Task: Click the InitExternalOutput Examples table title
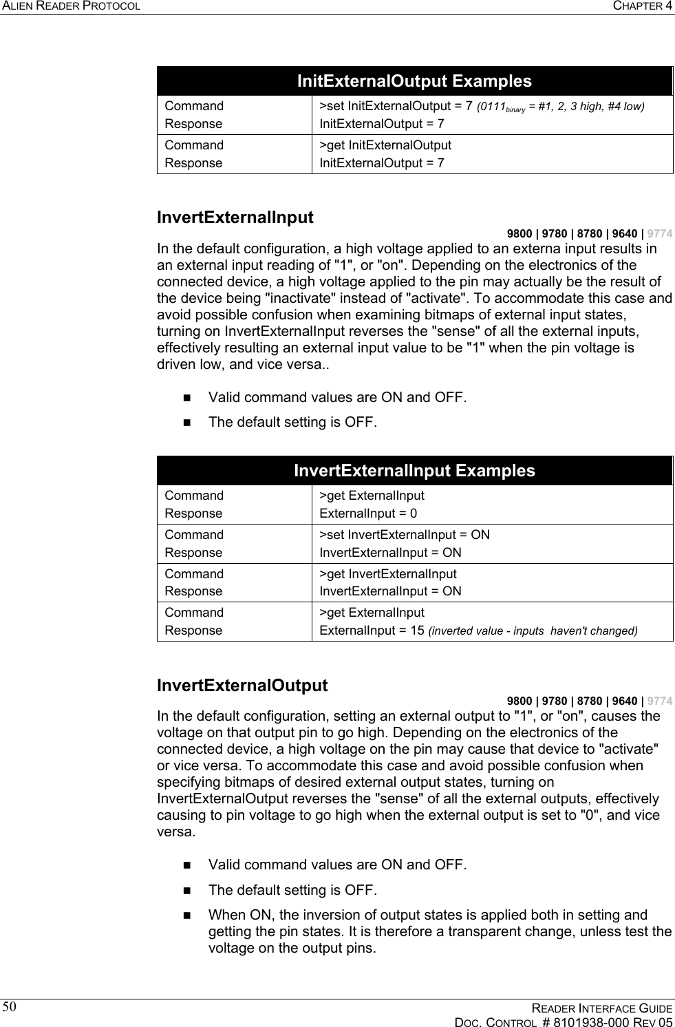point(414,81)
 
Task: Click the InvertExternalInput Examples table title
point(414,471)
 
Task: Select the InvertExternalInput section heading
point(235,218)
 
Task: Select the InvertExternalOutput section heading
point(242,686)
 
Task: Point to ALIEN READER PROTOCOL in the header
point(71,6)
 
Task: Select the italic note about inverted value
point(533,631)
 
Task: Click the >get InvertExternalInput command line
point(387,574)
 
